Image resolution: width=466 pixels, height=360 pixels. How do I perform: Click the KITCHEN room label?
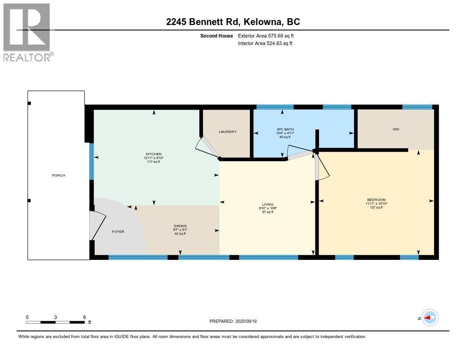[153, 154]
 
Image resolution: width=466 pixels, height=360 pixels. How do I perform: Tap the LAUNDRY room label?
[228, 132]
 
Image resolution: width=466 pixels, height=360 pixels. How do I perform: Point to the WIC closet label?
[395, 129]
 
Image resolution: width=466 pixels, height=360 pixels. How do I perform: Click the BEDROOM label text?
[376, 200]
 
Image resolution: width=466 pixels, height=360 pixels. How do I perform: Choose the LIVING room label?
[267, 204]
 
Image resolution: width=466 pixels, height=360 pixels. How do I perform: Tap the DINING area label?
[180, 226]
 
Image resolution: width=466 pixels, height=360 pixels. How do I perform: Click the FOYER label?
[118, 231]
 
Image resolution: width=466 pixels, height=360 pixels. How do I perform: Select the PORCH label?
[58, 175]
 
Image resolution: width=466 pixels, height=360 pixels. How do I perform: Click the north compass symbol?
[430, 318]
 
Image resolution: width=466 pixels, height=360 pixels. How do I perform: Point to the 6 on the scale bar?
[85, 317]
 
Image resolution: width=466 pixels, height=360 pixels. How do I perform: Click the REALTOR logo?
[27, 32]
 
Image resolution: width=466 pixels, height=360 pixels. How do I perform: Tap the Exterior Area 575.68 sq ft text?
[265, 35]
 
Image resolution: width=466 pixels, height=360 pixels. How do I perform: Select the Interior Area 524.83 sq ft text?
[265, 43]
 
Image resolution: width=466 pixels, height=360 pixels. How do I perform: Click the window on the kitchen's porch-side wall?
[91, 161]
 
